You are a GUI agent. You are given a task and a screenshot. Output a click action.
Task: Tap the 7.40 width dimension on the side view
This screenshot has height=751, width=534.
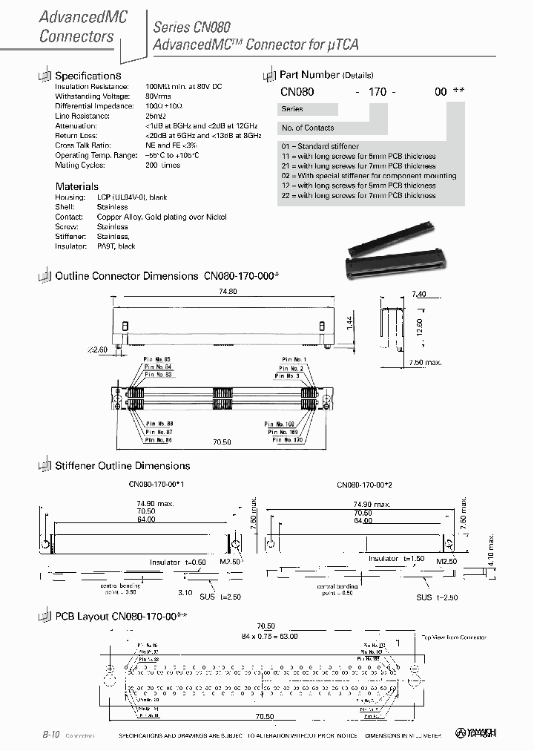(418, 294)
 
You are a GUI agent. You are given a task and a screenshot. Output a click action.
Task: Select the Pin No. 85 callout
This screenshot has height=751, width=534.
(158, 359)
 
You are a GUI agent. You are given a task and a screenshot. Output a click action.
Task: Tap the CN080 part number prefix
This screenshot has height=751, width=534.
(297, 91)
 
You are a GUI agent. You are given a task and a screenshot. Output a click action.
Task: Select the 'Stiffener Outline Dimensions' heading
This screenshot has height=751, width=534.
(122, 466)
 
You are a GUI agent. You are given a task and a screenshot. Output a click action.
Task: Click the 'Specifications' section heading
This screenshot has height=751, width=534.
(88, 76)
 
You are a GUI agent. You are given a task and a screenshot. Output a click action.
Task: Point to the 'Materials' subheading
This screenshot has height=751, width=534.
(76, 186)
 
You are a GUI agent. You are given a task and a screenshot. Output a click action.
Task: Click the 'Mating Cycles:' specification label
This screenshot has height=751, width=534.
(80, 165)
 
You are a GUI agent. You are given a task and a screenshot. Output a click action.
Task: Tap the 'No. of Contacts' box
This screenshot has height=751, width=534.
(308, 128)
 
